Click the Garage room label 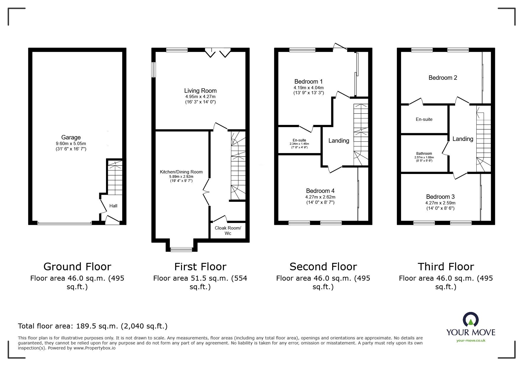(71, 137)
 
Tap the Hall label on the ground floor (113, 206)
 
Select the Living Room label (200, 91)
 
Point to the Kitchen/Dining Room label (181, 172)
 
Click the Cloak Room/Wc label (228, 231)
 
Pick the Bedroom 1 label (309, 82)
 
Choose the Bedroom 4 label (320, 191)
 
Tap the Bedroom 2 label (443, 78)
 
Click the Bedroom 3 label (440, 197)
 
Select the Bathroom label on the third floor (424, 154)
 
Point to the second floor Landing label (339, 141)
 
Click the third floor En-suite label (424, 119)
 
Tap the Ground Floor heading (77, 267)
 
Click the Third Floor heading (446, 267)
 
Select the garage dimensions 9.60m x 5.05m (71, 144)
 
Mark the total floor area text (93, 326)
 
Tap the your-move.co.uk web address (471, 341)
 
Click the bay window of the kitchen (181, 249)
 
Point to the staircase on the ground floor (115, 178)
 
